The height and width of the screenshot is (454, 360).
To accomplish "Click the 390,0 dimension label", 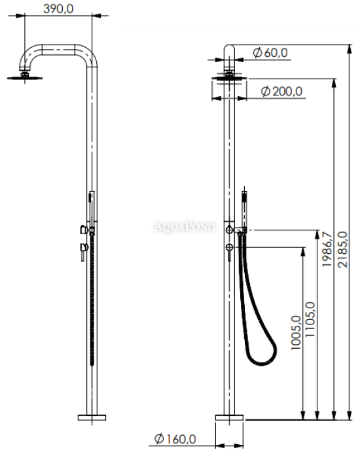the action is [58, 9].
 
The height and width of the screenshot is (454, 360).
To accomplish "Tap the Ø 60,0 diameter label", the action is [270, 53].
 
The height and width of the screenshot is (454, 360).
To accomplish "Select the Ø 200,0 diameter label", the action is [281, 91].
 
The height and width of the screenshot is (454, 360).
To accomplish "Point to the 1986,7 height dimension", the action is [327, 249].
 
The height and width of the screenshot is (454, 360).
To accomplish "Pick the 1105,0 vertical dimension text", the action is [310, 319].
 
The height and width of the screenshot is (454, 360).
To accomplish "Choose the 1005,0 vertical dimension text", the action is [296, 332].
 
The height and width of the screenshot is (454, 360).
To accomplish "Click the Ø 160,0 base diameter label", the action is [175, 439].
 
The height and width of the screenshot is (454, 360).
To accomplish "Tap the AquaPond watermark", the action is [185, 226].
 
